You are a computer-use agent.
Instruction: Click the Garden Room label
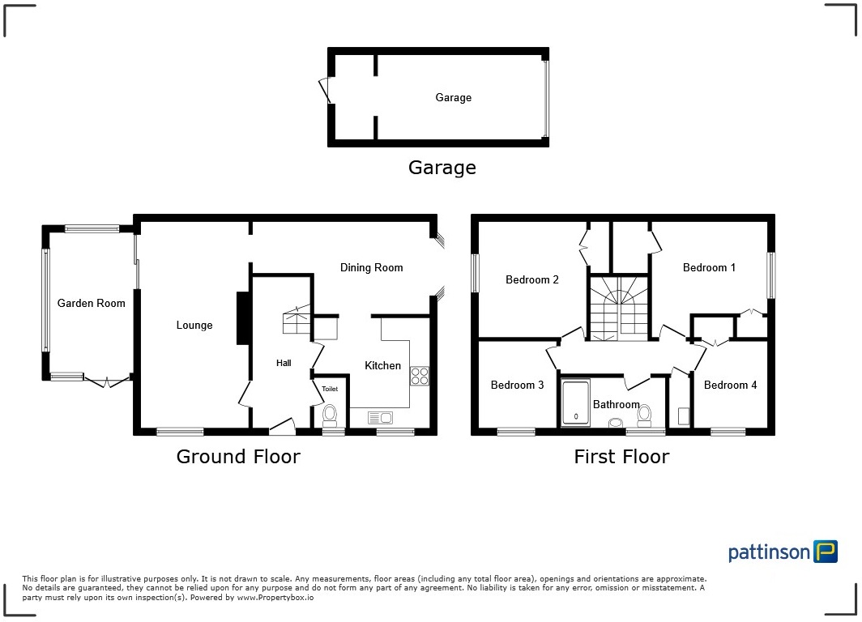coord(91,303)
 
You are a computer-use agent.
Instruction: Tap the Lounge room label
coord(194,325)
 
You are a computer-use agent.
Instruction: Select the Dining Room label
coord(371,267)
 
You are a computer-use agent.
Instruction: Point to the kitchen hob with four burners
coord(420,375)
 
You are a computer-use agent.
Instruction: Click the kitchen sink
coord(380,417)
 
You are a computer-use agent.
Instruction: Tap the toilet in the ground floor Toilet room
coord(330,415)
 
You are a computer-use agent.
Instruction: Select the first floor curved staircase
coord(618,308)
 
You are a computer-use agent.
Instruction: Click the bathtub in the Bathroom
coord(576,403)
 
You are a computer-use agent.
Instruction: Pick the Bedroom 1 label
coord(709,267)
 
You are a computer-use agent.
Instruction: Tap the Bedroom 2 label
coord(531,279)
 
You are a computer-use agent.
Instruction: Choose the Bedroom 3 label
coord(517,385)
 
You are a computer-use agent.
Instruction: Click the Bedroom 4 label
coord(730,385)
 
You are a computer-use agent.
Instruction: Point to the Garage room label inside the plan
coord(453,97)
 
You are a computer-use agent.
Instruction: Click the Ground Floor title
coord(238,457)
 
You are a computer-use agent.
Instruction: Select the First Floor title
coord(621,457)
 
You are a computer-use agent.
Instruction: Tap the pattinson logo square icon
coord(826,552)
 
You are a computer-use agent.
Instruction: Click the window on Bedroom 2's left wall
coord(476,273)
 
